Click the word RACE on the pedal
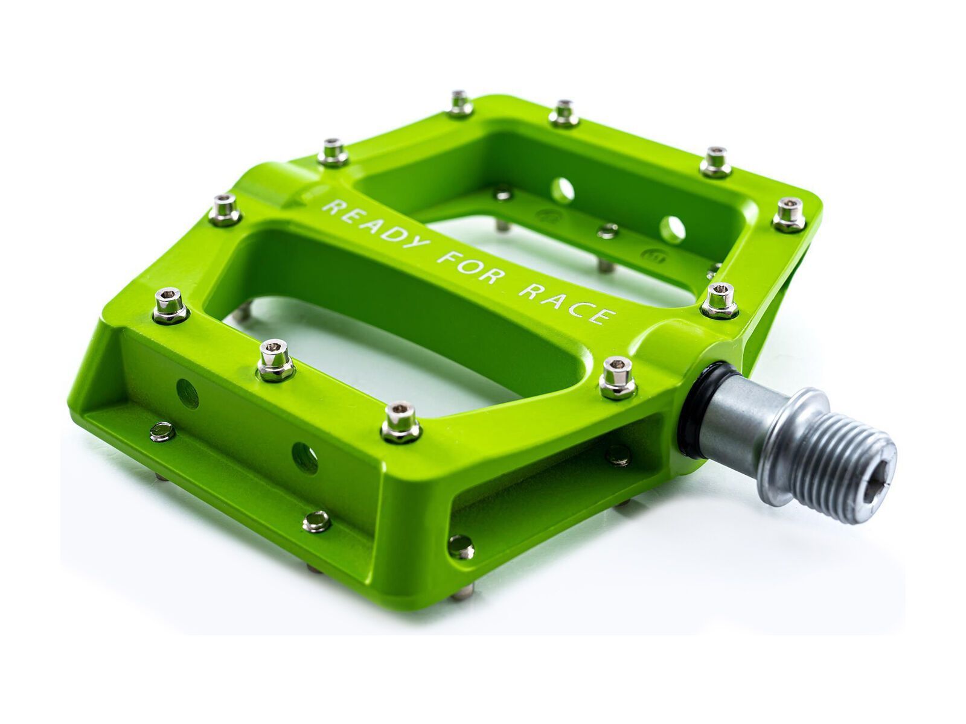point(568,304)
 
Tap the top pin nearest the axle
point(616,377)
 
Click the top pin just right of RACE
point(720,299)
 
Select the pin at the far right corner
point(789,214)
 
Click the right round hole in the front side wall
point(305,457)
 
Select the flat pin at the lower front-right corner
point(461,545)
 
